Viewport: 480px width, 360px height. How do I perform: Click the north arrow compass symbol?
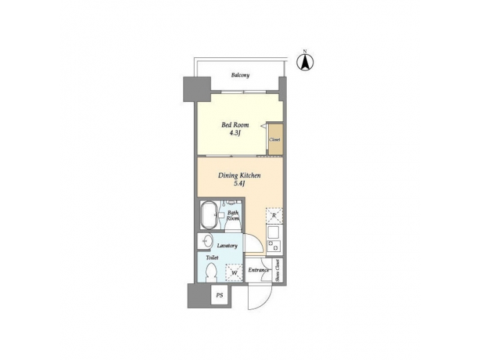click(305, 62)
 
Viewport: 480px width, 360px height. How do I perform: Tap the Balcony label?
click(241, 75)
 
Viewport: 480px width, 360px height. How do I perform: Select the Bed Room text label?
click(235, 125)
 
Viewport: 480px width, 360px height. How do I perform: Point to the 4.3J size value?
click(235, 133)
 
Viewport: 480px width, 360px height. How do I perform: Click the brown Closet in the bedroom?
click(274, 139)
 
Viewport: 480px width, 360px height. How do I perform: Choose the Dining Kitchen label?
click(239, 176)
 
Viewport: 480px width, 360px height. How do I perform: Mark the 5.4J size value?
click(240, 184)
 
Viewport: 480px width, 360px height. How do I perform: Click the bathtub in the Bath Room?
click(209, 215)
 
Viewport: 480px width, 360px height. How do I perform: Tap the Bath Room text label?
click(233, 215)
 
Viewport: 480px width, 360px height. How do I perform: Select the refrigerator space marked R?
click(273, 215)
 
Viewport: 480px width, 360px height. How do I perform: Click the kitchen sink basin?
click(273, 233)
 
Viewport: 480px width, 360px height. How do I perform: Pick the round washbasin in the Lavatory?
click(205, 241)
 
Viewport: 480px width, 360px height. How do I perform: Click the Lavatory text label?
click(227, 246)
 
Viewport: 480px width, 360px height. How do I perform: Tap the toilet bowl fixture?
click(211, 273)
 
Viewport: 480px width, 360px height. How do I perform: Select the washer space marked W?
click(233, 272)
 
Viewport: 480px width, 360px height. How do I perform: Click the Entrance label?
click(259, 270)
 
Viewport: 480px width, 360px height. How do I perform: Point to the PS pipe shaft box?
click(219, 295)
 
